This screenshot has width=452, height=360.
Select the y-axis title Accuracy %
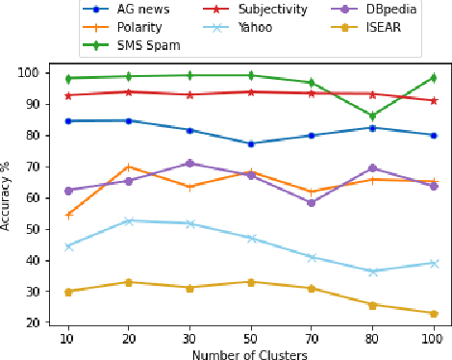pyautogui.click(x=7, y=193)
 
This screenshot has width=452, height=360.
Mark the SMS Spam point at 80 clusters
pyautogui.click(x=373, y=116)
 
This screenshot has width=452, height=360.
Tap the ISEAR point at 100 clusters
pyautogui.click(x=434, y=314)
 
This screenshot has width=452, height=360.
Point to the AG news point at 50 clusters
pyautogui.click(x=250, y=143)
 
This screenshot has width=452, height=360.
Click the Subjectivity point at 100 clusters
pyautogui.click(x=434, y=100)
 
